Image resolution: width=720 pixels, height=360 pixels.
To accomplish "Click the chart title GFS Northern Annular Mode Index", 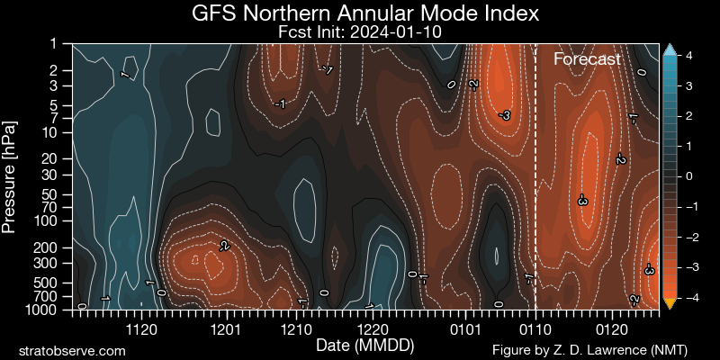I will pos(360,13).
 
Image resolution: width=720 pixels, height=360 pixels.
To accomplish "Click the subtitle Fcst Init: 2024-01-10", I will pos(360,31).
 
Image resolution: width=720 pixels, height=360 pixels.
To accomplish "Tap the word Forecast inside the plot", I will pos(587,59).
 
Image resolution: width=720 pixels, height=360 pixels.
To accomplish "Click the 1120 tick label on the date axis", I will pos(141,328).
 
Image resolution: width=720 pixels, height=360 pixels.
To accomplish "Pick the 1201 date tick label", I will pos(225,328).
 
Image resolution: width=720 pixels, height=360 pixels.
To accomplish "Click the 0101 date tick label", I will pos(463,328).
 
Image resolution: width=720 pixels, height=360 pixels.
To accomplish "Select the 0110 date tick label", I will pos(535,328).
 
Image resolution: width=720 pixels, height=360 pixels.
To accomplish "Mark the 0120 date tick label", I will pos(612,328).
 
